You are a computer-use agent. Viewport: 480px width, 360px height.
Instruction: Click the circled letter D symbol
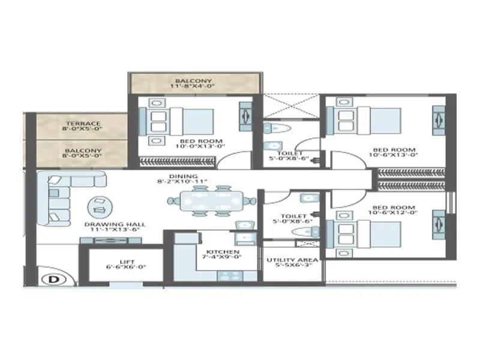(53, 278)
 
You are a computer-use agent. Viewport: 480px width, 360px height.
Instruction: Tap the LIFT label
(127, 262)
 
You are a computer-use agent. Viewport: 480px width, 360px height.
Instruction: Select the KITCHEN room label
(223, 252)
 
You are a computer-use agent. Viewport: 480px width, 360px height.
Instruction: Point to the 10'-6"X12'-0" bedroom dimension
(394, 215)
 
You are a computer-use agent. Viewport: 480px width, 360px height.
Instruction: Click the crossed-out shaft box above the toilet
(292, 106)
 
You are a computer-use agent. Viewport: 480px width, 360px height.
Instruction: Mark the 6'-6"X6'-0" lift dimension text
(127, 268)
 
